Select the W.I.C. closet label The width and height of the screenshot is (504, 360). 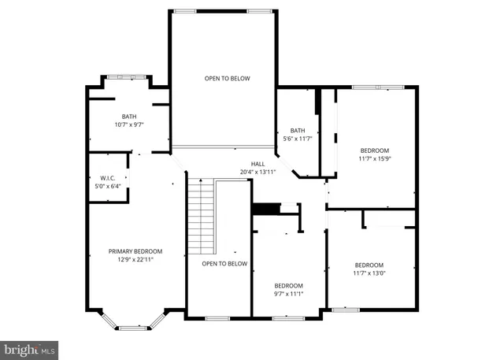click(108, 178)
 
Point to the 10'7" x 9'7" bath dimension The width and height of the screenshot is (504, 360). click(129, 124)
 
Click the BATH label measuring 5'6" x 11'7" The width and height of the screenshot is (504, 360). click(298, 131)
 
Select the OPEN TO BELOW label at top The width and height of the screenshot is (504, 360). click(227, 79)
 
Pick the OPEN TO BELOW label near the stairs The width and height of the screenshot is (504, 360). click(224, 263)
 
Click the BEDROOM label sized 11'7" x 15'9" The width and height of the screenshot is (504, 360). click(375, 150)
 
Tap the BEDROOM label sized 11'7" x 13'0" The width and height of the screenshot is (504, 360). click(369, 265)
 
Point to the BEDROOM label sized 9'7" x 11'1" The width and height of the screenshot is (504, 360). click(288, 285)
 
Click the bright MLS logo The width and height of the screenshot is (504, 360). click(29, 347)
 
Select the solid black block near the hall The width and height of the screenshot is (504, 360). click(265, 209)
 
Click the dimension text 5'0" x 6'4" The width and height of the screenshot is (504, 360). click(108, 187)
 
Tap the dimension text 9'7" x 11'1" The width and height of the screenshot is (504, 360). click(288, 294)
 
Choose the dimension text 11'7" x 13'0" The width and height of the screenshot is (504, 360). click(369, 273)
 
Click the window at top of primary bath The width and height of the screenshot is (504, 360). click(126, 76)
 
